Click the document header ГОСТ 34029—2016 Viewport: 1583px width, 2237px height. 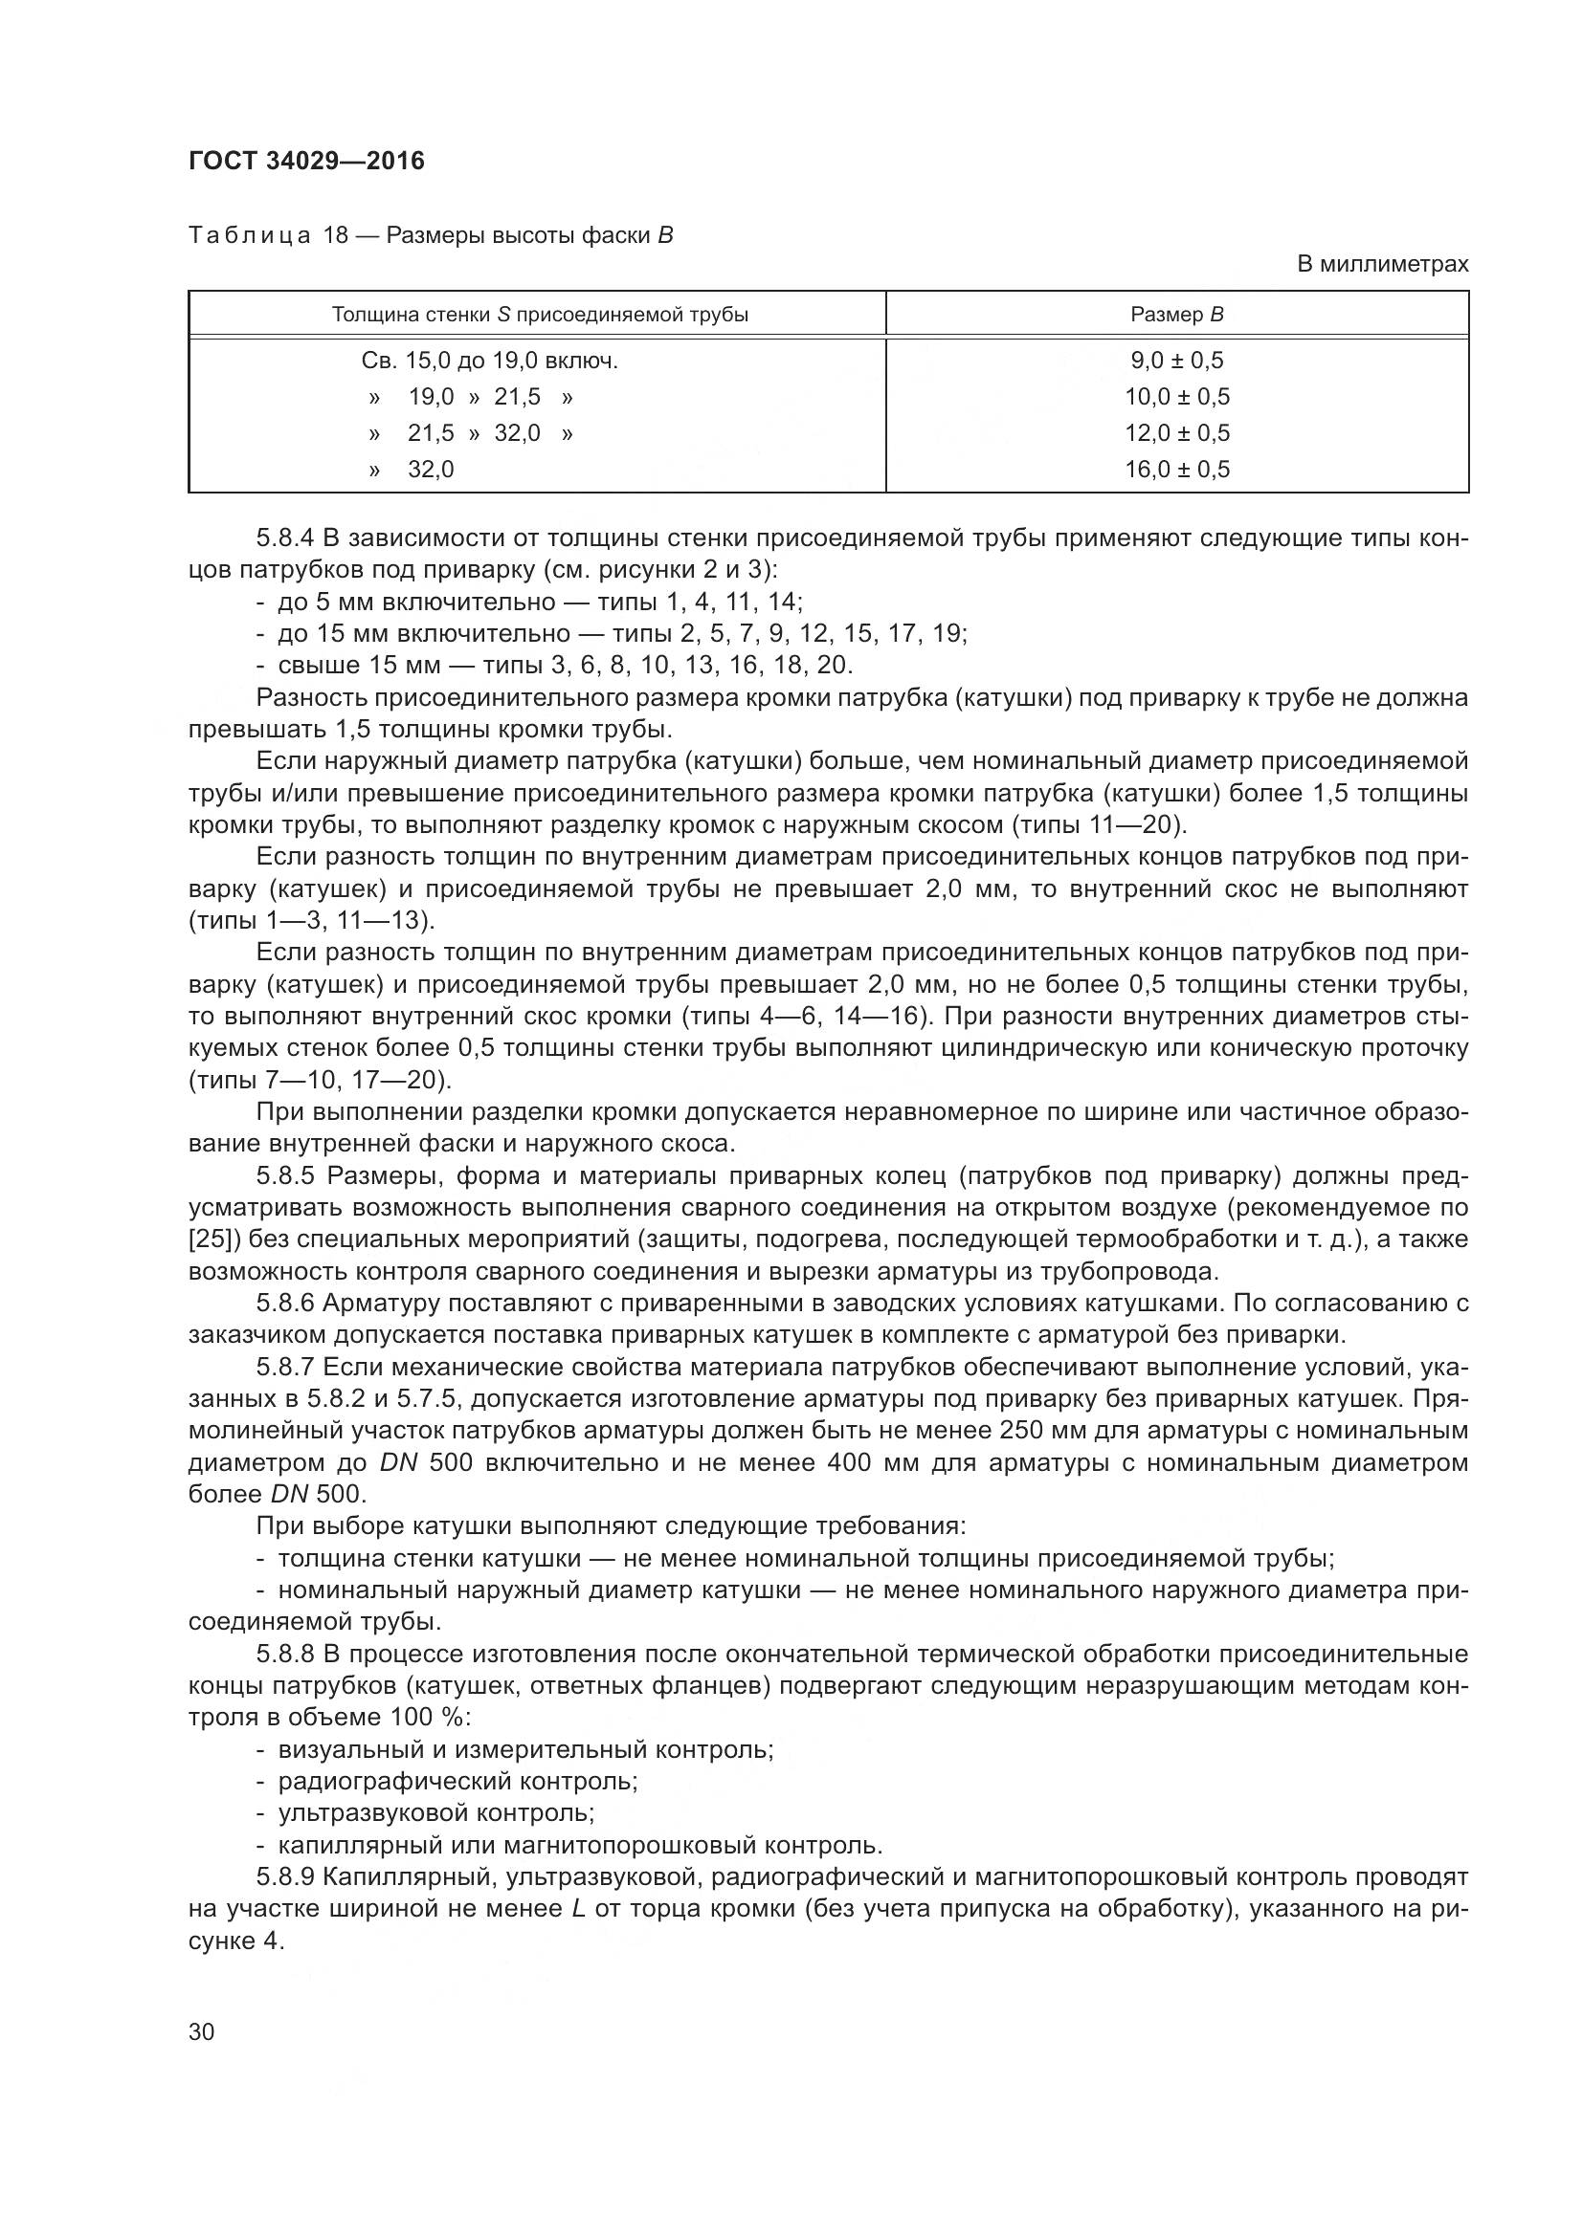pyautogui.click(x=307, y=161)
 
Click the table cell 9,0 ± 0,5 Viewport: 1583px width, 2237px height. pyautogui.click(x=1176, y=361)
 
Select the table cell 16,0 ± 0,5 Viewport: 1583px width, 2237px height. pyautogui.click(x=1176, y=470)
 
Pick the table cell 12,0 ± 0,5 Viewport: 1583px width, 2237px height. pyautogui.click(x=1176, y=432)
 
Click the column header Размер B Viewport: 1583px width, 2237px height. pyautogui.click(x=1176, y=315)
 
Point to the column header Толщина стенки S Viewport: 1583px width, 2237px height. pyautogui.click(x=539, y=315)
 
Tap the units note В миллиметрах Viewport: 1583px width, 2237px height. pyautogui.click(x=1382, y=264)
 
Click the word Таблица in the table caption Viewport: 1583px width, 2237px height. pyautogui.click(x=250, y=236)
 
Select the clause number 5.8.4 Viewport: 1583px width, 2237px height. pyautogui.click(x=285, y=537)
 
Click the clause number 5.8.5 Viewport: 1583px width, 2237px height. pyautogui.click(x=285, y=1176)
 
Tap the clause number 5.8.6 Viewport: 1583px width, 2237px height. pyautogui.click(x=285, y=1304)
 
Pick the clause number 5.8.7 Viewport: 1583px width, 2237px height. pyautogui.click(x=285, y=1367)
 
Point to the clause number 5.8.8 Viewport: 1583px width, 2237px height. pyautogui.click(x=285, y=1655)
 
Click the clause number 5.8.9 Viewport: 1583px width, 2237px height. pyautogui.click(x=285, y=1877)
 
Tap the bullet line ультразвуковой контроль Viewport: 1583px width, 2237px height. pyautogui.click(x=436, y=1813)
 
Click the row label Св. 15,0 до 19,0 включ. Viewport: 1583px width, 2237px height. pyautogui.click(x=489, y=361)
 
